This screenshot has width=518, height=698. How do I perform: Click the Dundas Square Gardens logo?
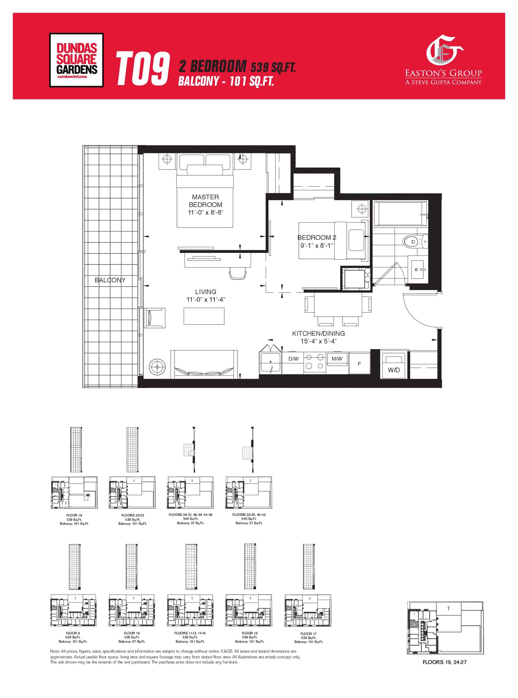76,60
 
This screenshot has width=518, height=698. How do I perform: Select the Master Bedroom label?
205,201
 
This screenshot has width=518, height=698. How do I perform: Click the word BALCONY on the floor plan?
110,280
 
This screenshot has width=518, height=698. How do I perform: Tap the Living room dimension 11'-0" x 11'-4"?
206,299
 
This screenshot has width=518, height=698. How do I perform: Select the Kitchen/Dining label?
318,333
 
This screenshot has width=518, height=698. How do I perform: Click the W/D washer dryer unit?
394,365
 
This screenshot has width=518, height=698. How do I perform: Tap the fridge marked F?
359,364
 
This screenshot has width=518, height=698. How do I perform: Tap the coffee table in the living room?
204,316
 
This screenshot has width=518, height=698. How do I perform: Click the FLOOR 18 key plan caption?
74,515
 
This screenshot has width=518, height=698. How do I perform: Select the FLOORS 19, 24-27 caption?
444,662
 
